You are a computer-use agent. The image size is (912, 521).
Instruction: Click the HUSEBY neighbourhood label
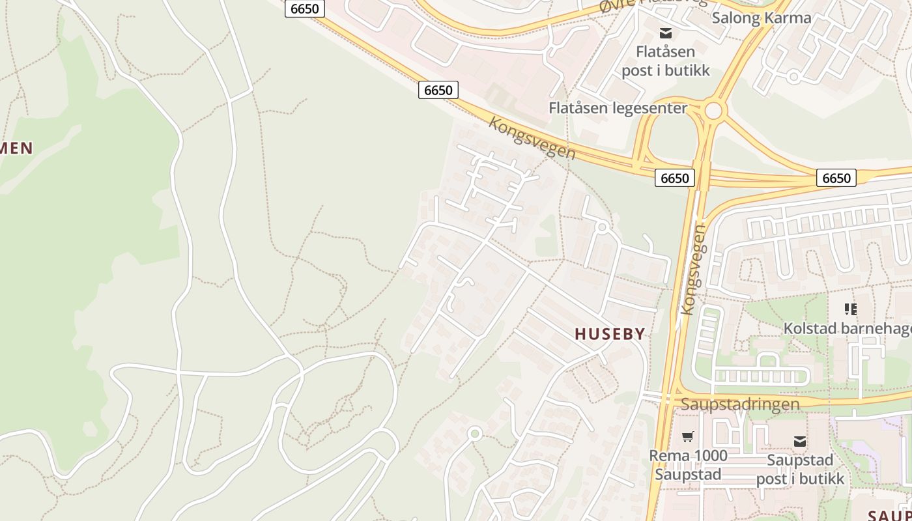click(610, 334)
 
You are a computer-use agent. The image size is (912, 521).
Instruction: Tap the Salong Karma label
click(761, 18)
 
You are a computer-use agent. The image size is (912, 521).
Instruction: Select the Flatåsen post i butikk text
click(665, 61)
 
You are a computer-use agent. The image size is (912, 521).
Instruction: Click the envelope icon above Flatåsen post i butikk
click(665, 33)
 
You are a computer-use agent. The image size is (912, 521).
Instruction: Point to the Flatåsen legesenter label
click(618, 107)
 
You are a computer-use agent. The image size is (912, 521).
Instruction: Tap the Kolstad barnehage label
click(847, 328)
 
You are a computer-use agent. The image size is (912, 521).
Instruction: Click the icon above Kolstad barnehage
click(850, 309)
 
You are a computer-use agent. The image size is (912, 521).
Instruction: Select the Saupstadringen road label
click(740, 404)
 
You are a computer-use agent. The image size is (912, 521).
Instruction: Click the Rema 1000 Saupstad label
click(688, 464)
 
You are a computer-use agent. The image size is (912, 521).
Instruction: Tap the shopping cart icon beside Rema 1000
click(688, 436)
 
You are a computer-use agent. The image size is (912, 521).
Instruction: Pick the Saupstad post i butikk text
click(800, 469)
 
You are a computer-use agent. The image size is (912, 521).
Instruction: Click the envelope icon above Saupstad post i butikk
click(800, 442)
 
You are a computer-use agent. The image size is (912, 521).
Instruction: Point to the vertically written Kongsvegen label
click(692, 270)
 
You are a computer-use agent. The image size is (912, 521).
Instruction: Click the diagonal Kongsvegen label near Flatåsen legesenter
click(532, 138)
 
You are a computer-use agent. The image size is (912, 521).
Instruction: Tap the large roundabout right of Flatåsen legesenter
click(714, 111)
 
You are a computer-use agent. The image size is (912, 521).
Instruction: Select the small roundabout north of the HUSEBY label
click(602, 227)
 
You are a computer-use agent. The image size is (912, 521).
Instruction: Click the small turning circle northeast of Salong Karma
click(793, 77)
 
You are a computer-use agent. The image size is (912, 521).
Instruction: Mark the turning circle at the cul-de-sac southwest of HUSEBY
click(475, 433)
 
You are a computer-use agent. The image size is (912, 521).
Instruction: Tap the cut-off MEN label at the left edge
click(16, 148)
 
